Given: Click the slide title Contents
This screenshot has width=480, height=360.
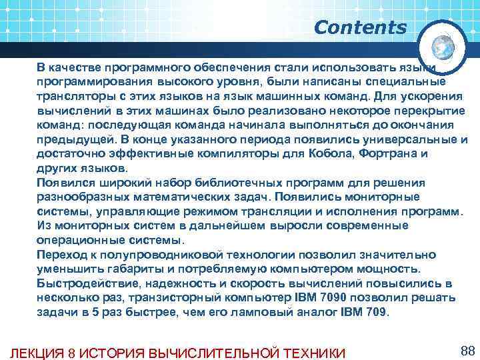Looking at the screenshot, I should click(x=360, y=28).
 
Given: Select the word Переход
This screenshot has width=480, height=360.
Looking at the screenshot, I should click(x=62, y=255).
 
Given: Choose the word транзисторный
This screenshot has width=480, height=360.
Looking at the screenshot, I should click(x=169, y=297).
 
